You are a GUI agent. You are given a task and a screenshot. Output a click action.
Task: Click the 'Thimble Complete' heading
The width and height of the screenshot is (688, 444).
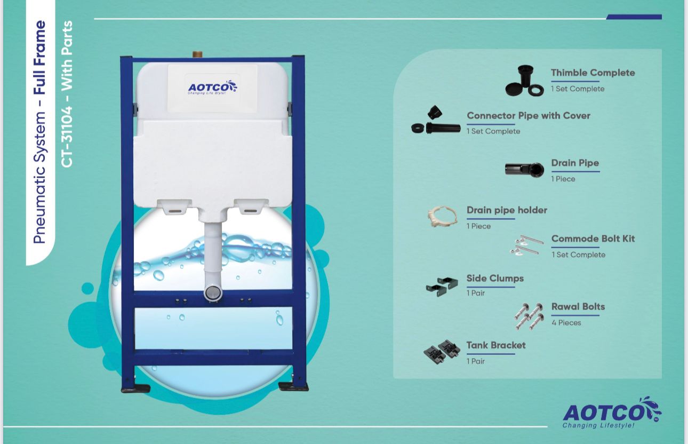click(x=593, y=73)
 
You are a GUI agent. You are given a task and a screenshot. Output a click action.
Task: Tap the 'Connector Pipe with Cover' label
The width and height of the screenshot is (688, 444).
click(x=529, y=116)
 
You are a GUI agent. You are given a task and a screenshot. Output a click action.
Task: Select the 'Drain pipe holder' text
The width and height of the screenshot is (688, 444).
click(x=507, y=210)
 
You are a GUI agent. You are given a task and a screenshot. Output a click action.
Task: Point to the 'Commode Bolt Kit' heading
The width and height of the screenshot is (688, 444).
click(x=593, y=239)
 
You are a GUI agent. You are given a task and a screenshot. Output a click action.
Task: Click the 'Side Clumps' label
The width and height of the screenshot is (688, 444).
click(x=495, y=279)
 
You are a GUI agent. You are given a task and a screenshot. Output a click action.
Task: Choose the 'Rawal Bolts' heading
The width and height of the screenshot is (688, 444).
click(x=578, y=307)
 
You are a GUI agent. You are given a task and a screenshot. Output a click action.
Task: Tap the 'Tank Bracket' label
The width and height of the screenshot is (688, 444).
click(x=496, y=345)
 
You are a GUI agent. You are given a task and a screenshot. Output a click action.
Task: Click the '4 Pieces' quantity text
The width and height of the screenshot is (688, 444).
click(x=566, y=323)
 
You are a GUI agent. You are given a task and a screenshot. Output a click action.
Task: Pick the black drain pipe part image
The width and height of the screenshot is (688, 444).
click(x=524, y=169)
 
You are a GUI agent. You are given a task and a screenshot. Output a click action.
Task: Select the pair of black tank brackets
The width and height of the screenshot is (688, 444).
click(x=442, y=352)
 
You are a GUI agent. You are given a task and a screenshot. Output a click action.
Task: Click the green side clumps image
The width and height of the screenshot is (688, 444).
click(x=440, y=287)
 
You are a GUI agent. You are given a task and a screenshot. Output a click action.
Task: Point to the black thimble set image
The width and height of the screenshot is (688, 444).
click(x=524, y=81)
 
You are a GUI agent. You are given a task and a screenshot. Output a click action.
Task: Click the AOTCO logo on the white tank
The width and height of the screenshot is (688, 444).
click(x=212, y=88)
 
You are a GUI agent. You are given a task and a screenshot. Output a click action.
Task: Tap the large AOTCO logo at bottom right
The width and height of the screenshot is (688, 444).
click(x=612, y=413)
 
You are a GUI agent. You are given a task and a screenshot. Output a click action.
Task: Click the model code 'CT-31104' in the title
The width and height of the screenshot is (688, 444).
click(x=67, y=137)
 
